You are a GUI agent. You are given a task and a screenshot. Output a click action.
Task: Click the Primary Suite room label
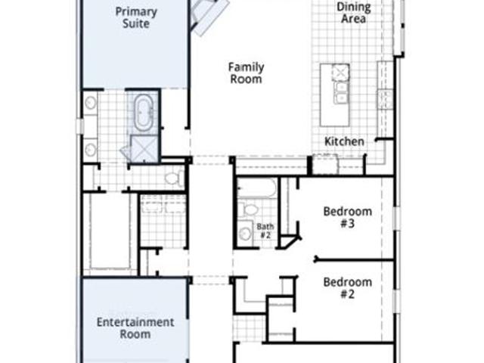(x=136, y=17)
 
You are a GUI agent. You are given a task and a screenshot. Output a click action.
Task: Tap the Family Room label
(x=246, y=73)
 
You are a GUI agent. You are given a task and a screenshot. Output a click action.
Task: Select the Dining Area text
(x=354, y=12)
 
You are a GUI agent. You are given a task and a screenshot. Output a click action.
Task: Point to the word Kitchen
(x=344, y=141)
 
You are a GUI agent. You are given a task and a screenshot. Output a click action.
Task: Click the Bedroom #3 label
(x=348, y=217)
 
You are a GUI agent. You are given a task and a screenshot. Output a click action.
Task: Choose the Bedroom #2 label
(x=348, y=287)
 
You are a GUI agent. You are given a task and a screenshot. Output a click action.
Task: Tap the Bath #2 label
(x=265, y=231)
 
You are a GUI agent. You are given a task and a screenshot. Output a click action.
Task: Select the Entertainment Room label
(x=135, y=327)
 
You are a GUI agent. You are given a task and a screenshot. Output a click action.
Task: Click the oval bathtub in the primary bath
(x=144, y=113)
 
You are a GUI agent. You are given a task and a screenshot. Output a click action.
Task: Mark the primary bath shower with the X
(x=144, y=148)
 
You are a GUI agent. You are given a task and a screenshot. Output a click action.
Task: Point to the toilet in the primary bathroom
(x=173, y=178)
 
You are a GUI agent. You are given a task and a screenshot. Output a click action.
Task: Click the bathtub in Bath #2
(x=256, y=188)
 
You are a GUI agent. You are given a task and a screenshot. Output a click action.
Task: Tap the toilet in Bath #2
(x=250, y=209)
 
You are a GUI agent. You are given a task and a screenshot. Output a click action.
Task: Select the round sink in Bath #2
(x=245, y=234)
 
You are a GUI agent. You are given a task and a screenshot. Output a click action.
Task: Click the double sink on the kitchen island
(x=341, y=93)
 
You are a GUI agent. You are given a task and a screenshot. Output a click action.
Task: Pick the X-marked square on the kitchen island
(x=340, y=73)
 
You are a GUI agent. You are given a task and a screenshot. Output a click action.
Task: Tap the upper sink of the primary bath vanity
(x=90, y=103)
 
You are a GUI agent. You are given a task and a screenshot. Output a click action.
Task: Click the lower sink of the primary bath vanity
(x=90, y=150)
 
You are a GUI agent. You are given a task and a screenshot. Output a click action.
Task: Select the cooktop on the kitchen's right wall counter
(x=386, y=99)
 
